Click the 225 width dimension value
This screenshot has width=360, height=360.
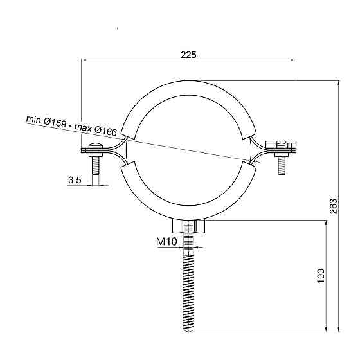click(x=188, y=55)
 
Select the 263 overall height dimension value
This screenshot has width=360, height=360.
click(x=334, y=206)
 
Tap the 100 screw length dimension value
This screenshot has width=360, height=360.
click(x=321, y=275)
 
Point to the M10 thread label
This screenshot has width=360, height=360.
click(x=166, y=241)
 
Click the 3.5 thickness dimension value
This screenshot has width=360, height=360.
click(x=75, y=180)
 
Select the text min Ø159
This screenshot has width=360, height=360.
click(x=46, y=121)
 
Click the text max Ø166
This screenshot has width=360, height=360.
click(x=96, y=130)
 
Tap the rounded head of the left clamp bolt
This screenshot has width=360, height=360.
click(x=96, y=145)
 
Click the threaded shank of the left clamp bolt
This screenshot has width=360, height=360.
click(x=96, y=166)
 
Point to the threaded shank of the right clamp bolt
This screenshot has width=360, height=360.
click(x=282, y=166)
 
